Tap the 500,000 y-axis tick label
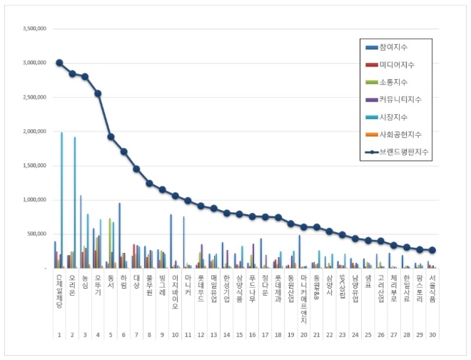click(38, 234)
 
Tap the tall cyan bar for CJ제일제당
click(62, 200)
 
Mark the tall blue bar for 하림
click(120, 236)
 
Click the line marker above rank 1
click(59, 63)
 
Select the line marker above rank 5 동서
click(111, 136)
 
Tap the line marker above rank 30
click(432, 250)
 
